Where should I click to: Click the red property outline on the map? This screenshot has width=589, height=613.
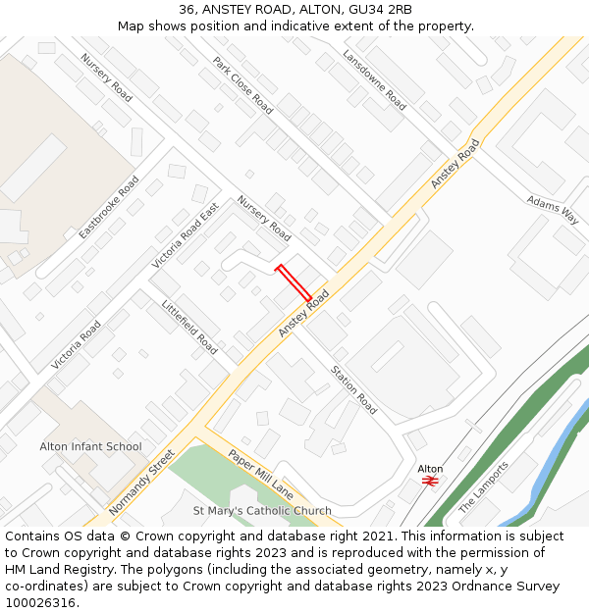[x=294, y=283]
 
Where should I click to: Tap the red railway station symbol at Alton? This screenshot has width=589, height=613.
[x=430, y=481]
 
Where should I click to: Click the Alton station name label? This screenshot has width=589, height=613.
[x=430, y=469]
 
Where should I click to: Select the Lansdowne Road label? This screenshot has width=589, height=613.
[x=374, y=79]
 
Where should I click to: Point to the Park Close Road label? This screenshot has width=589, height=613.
[x=242, y=85]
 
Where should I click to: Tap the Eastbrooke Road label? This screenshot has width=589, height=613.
[x=109, y=208]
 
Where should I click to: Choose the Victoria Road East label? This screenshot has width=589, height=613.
[x=186, y=236]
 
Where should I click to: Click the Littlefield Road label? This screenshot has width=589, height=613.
[x=189, y=327]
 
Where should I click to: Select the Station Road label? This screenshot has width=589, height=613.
[x=353, y=389]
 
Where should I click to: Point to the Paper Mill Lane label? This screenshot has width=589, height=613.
[x=260, y=473]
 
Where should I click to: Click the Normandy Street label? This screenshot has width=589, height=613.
[x=142, y=483]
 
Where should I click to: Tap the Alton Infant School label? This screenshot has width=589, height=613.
[x=90, y=446]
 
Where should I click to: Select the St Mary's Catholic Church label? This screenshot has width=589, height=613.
[x=262, y=511]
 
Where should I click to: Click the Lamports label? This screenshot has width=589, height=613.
[x=484, y=486]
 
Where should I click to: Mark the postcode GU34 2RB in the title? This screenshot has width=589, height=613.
[x=381, y=10]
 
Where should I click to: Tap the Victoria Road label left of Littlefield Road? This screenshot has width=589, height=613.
[x=77, y=344]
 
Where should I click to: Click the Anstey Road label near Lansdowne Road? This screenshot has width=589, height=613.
[x=455, y=164]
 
